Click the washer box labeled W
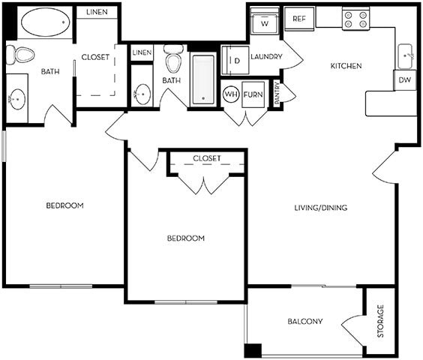[264, 22]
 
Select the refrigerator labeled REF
[298, 19]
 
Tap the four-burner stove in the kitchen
[355, 19]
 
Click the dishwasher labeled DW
[405, 79]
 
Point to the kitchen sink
[406, 55]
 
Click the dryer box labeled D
[234, 60]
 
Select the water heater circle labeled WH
[231, 95]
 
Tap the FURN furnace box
[253, 95]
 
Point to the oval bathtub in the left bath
[45, 22]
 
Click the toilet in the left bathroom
[21, 55]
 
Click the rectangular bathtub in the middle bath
[203, 79]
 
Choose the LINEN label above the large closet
[97, 13]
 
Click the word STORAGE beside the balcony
[380, 321]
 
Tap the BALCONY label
[305, 322]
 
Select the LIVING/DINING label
[320, 208]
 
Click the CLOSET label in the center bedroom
[206, 158]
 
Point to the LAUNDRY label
[266, 55]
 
